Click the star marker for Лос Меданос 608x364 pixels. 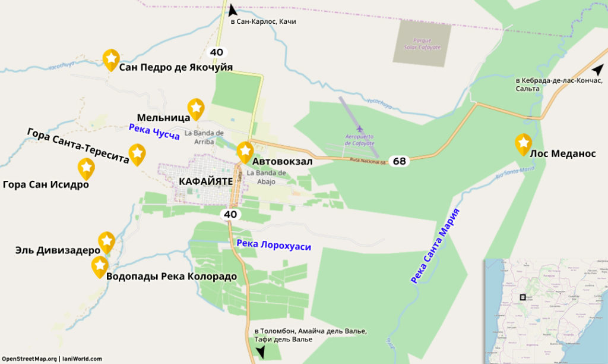tap(523, 143)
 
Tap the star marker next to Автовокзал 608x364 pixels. tap(245, 152)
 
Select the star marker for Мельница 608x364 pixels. tap(195, 108)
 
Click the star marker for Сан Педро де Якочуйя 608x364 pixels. tap(111, 59)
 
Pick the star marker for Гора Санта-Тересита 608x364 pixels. tap(137, 153)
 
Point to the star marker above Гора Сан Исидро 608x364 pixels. tap(86, 168)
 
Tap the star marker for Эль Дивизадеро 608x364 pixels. tap(106, 241)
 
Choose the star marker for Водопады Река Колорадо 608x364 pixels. tap(100, 266)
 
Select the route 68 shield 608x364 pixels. tap(400, 161)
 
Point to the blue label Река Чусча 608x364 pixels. tap(154, 131)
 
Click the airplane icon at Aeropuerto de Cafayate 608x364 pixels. tap(360, 128)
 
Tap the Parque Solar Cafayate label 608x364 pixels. tap(422, 43)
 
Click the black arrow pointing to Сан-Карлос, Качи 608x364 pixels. tap(232, 10)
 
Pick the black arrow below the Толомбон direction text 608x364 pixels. tap(260, 352)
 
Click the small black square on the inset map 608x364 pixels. tap(522, 297)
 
